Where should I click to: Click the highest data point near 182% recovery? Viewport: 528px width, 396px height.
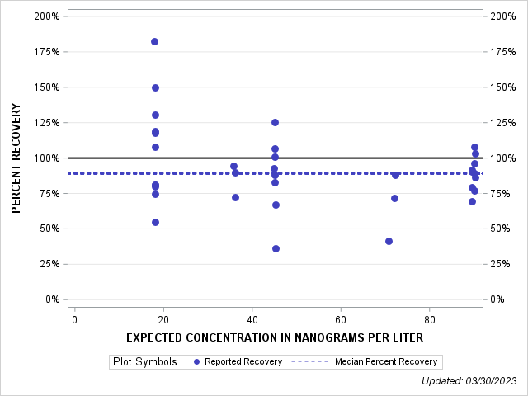pyautogui.click(x=154, y=41)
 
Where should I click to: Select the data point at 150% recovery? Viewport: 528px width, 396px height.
pyautogui.click(x=155, y=87)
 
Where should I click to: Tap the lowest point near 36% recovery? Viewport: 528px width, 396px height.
pyautogui.click(x=276, y=248)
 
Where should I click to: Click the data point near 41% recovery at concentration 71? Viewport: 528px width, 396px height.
pyautogui.click(x=389, y=241)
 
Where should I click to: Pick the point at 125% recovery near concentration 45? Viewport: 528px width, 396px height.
pyautogui.click(x=275, y=122)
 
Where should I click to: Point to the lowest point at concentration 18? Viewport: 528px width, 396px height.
pyautogui.click(x=155, y=222)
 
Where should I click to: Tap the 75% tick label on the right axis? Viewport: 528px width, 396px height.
pyautogui.click(x=501, y=193)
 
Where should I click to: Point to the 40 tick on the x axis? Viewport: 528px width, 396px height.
pyautogui.click(x=252, y=318)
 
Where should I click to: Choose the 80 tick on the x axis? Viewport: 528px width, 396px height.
pyautogui.click(x=430, y=318)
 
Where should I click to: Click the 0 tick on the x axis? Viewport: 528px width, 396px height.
pyautogui.click(x=74, y=318)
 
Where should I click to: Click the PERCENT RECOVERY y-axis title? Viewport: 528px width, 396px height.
pyautogui.click(x=16, y=158)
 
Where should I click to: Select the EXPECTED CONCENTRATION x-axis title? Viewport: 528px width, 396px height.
pyautogui.click(x=275, y=337)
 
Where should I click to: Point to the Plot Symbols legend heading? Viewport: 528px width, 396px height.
pyautogui.click(x=144, y=361)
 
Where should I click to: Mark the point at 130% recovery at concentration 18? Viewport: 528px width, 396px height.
pyautogui.click(x=155, y=115)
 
